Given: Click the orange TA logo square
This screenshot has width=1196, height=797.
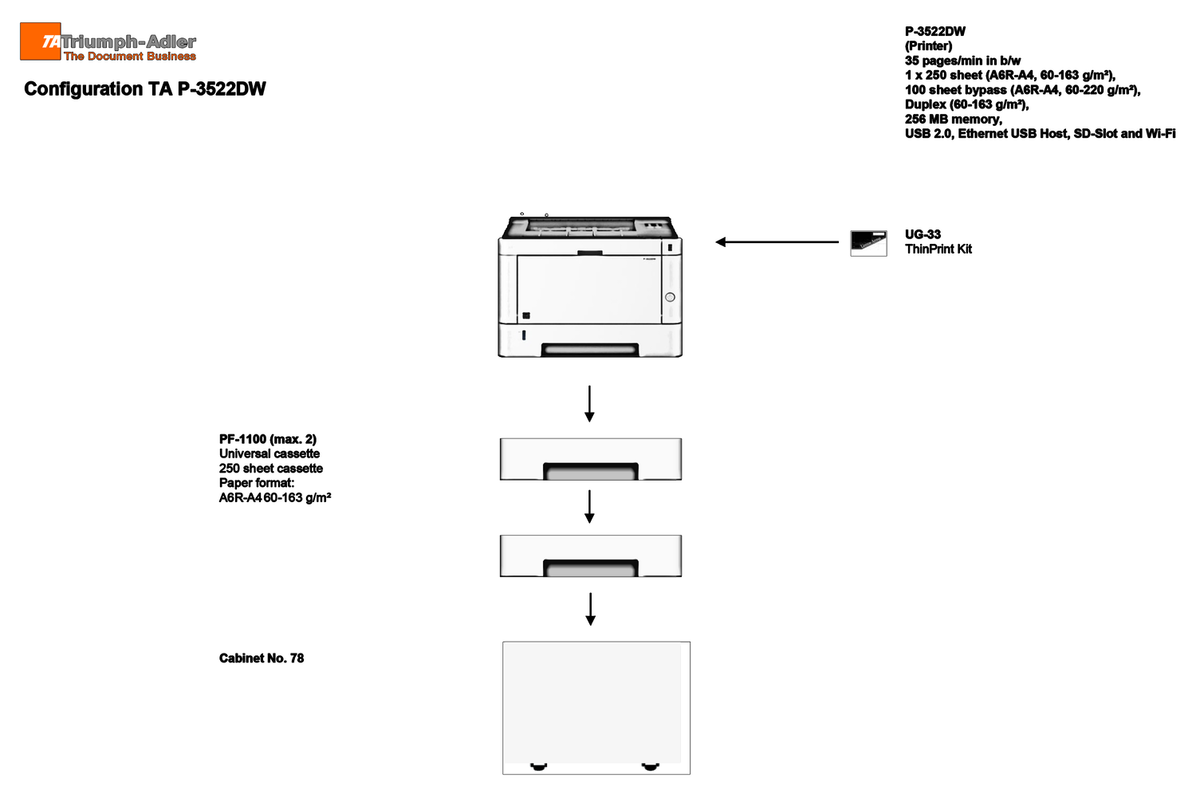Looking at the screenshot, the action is tap(41, 41).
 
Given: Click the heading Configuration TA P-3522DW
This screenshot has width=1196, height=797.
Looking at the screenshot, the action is tap(144, 89).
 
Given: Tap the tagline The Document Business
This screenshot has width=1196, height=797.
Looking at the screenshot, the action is tap(130, 56).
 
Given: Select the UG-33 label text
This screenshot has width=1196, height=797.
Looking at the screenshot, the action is tap(923, 234).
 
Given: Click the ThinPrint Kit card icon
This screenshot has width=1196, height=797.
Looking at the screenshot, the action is tap(869, 243).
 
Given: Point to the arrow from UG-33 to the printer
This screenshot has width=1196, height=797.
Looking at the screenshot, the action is tap(777, 241).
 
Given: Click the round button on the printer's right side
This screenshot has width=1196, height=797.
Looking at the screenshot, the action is tap(670, 297).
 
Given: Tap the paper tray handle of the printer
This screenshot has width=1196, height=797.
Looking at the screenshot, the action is tap(590, 350).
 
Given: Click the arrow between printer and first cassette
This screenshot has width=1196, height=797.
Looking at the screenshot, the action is tap(589, 403).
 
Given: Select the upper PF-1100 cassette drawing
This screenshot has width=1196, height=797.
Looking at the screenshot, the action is tap(591, 459).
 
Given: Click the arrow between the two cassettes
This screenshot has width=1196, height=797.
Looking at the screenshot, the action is tap(589, 507).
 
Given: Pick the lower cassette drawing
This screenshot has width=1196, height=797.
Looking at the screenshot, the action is tap(591, 556).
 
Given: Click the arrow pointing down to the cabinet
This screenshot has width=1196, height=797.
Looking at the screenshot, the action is tap(590, 609).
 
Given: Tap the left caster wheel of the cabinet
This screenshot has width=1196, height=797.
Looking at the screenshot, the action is tap(539, 767).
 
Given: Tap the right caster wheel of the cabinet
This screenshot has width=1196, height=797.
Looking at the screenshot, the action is tap(650, 767).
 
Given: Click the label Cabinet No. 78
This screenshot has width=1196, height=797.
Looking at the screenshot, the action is tap(261, 658).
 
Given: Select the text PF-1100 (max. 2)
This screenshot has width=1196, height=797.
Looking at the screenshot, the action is tap(267, 439).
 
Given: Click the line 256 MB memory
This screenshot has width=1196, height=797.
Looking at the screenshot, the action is tap(953, 119).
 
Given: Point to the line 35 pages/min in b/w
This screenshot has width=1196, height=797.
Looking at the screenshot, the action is tap(962, 61).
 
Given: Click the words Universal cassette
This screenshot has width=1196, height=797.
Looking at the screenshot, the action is tap(269, 453).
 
